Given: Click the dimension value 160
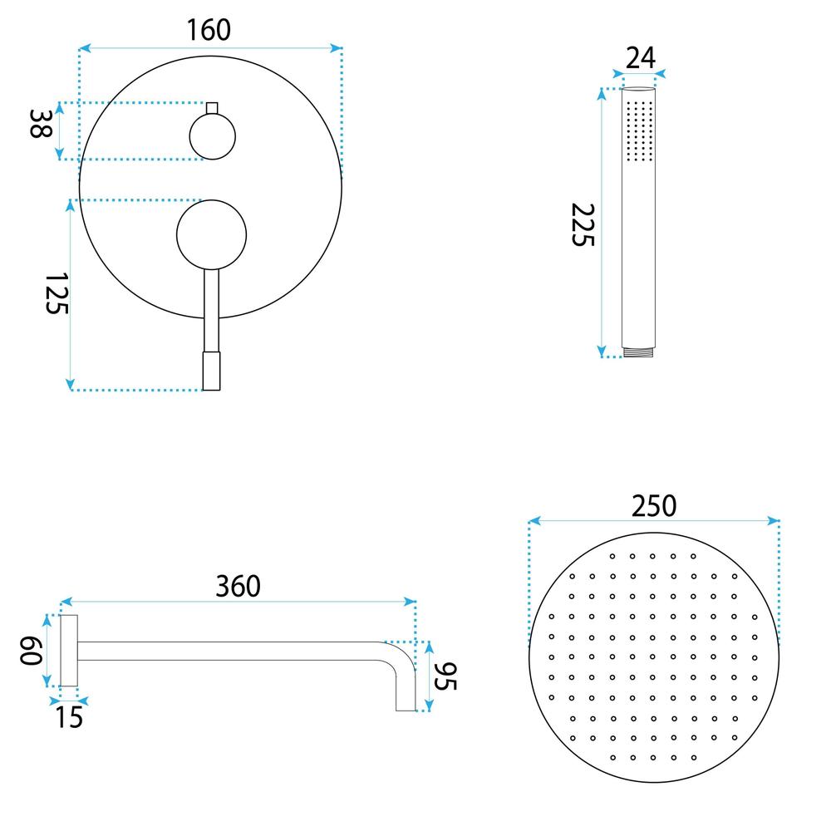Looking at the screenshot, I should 208,31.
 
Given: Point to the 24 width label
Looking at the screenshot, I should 640,58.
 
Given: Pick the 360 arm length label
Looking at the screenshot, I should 238,586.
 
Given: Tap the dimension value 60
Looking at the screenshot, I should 31,651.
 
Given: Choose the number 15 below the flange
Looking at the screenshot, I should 70,716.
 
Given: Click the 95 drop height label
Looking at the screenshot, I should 446,676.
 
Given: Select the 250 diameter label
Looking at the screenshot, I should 653,505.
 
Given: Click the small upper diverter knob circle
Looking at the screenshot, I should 213,136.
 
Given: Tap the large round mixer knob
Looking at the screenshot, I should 212,234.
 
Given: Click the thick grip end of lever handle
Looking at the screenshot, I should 212,371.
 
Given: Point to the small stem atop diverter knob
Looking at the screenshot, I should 212,108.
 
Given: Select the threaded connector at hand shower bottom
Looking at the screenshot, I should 639,352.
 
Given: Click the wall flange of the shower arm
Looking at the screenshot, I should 69,651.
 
